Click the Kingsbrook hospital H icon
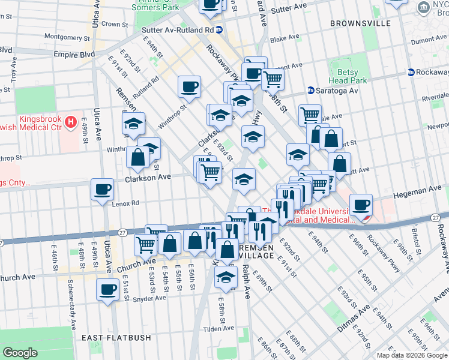tap(71, 124)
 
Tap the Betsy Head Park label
tap(348, 76)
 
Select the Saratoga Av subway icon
tap(311, 91)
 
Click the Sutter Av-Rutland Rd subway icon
tap(220, 29)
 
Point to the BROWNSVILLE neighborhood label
tap(360, 23)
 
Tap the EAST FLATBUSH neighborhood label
tap(116, 338)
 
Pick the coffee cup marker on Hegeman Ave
tap(361, 205)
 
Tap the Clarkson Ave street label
tap(148, 178)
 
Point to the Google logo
tap(20, 353)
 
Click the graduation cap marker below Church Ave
tap(226, 277)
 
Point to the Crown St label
tap(111, 24)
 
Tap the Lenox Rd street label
tap(125, 203)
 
